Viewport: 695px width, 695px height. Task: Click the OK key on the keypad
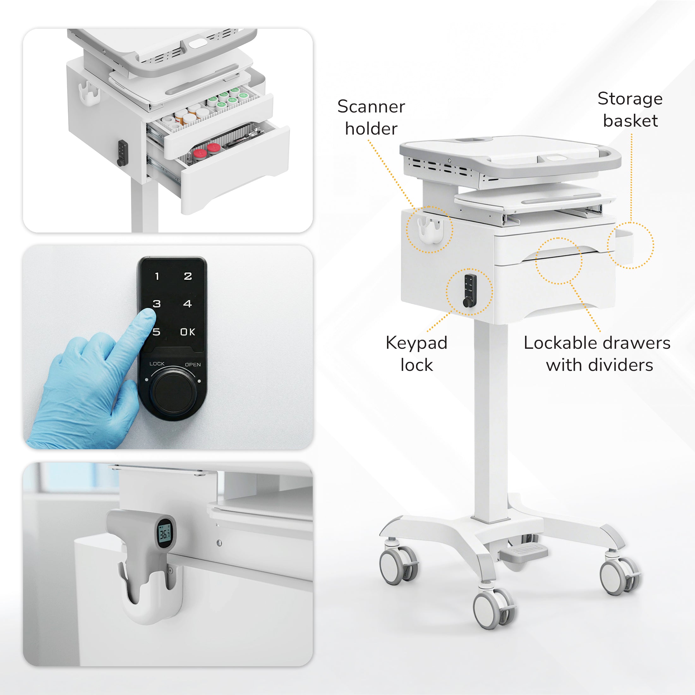click(187, 332)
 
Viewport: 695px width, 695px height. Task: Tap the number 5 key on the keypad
click(156, 332)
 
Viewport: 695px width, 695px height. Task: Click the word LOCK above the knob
click(157, 364)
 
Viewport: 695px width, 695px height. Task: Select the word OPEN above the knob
click(193, 365)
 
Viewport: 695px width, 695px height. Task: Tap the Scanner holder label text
click(371, 118)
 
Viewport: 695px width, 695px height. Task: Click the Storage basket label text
click(630, 109)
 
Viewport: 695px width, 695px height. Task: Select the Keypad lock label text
click(417, 354)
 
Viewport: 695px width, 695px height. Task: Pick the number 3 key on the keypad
click(157, 304)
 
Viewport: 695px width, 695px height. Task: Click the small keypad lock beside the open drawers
click(122, 153)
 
